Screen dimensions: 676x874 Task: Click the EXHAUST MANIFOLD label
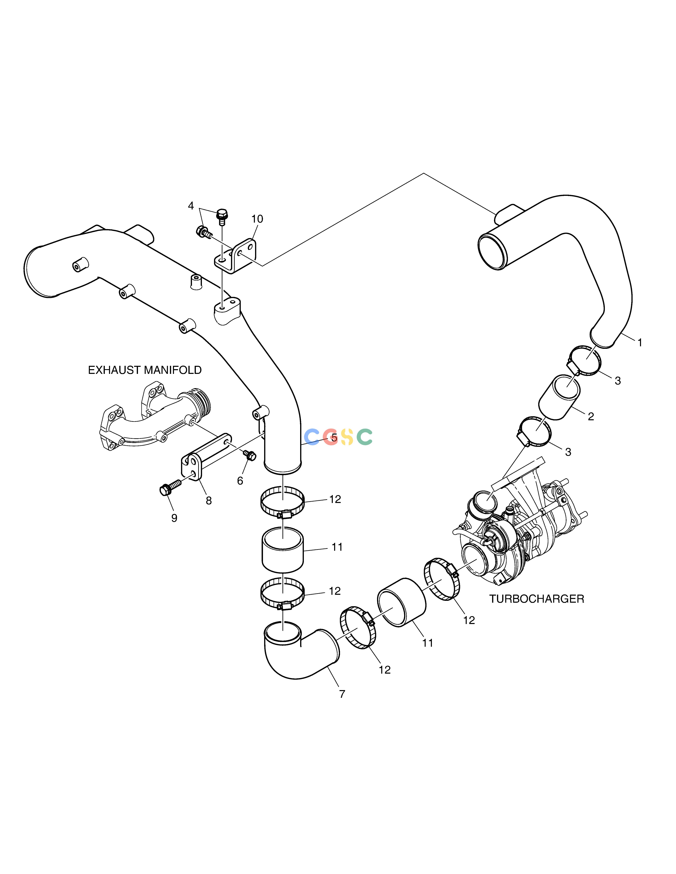pyautogui.click(x=145, y=370)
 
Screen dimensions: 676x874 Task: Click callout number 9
pyautogui.click(x=174, y=518)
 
